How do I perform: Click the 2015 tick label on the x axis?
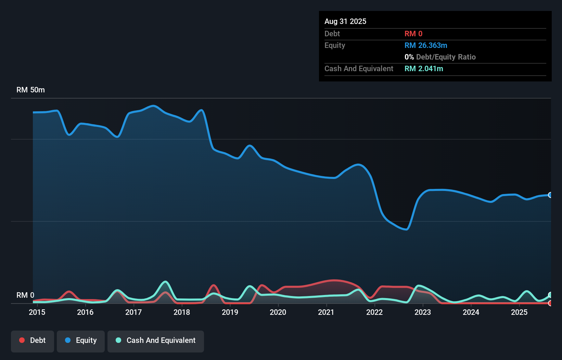click(37, 312)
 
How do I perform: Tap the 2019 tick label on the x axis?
click(230, 312)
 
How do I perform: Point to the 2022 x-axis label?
click(374, 312)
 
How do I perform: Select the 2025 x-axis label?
click(519, 312)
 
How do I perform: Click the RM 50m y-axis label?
click(30, 90)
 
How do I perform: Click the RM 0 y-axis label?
click(25, 295)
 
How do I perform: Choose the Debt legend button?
click(33, 340)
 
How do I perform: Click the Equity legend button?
click(81, 340)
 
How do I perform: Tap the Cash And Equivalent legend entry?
click(156, 340)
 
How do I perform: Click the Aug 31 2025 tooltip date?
click(345, 21)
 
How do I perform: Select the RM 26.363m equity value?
click(426, 45)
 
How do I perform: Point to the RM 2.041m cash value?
click(424, 68)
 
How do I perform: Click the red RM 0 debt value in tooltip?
click(413, 34)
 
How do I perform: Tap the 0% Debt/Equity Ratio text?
click(440, 57)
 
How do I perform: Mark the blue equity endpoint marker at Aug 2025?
click(550, 195)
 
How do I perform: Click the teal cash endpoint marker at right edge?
click(550, 295)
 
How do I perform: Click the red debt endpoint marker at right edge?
click(550, 303)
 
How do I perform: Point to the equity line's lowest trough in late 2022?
click(406, 229)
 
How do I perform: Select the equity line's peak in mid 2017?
click(153, 106)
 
